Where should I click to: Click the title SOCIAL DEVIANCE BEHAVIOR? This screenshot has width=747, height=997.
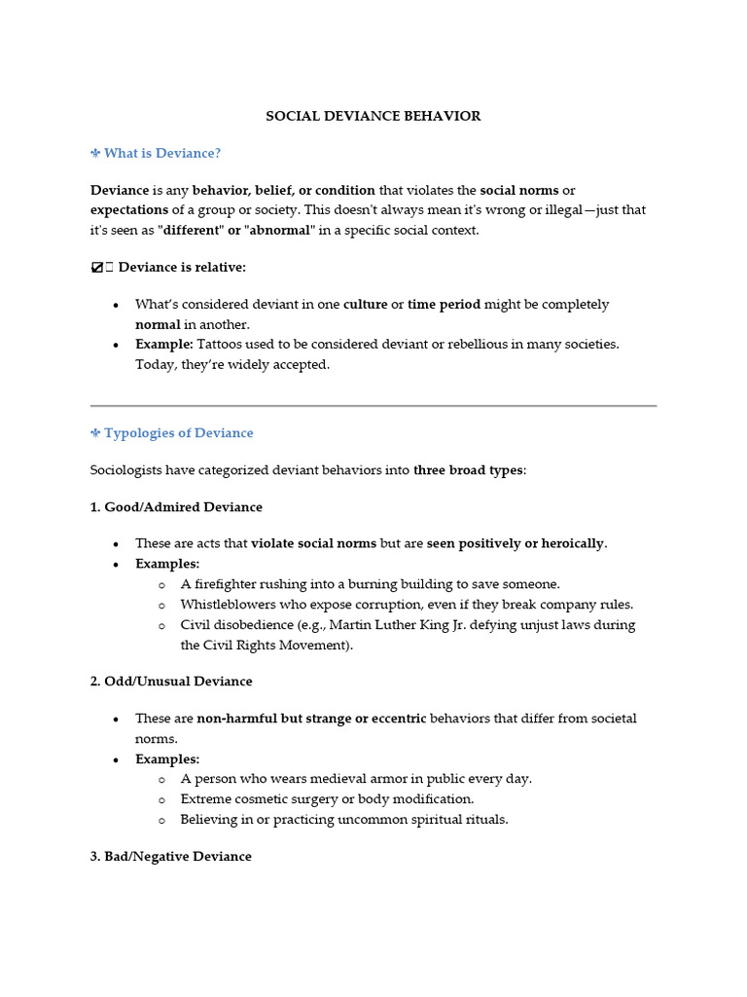point(373,116)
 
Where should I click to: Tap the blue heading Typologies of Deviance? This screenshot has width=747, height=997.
point(178,432)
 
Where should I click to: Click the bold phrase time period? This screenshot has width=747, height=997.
point(444,304)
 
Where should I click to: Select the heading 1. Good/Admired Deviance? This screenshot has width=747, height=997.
point(176,507)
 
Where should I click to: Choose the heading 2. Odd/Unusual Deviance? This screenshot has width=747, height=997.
point(170,681)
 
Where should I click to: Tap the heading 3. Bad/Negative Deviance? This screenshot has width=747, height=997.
point(170,856)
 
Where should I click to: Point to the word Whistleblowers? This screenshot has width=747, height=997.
point(228,605)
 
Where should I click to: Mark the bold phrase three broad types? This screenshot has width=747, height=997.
point(468,470)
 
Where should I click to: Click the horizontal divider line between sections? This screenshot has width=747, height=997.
point(373,405)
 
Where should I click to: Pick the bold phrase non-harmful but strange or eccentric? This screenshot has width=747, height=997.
point(311,719)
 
